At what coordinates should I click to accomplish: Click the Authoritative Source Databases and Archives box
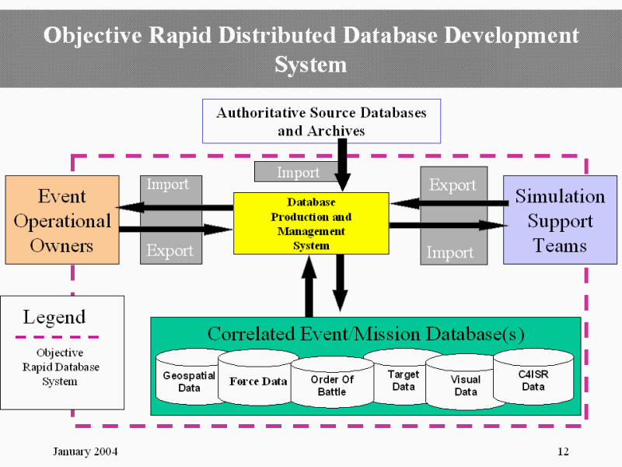pos(321,121)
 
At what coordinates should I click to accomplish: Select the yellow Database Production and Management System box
pos(311,223)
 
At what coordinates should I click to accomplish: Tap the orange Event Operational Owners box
pos(62,220)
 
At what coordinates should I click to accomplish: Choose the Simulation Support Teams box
pos(560,220)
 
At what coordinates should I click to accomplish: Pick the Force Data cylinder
pos(258,381)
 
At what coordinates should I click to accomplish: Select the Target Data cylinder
pos(404,381)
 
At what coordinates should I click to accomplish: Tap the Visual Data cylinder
pos(466,385)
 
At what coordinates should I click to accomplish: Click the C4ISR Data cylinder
pos(533,380)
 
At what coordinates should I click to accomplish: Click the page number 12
pos(564,452)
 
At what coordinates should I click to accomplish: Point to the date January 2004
pos(86,452)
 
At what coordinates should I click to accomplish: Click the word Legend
pos(54,318)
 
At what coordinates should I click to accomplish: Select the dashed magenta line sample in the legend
pos(58,337)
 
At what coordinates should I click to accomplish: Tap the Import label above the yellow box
pos(298,173)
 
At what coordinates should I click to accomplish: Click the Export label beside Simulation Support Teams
pos(453,185)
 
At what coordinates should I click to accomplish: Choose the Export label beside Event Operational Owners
pos(170,251)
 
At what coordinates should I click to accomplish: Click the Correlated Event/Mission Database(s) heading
pos(365,334)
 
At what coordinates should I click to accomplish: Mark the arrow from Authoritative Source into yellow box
pos(342,166)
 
